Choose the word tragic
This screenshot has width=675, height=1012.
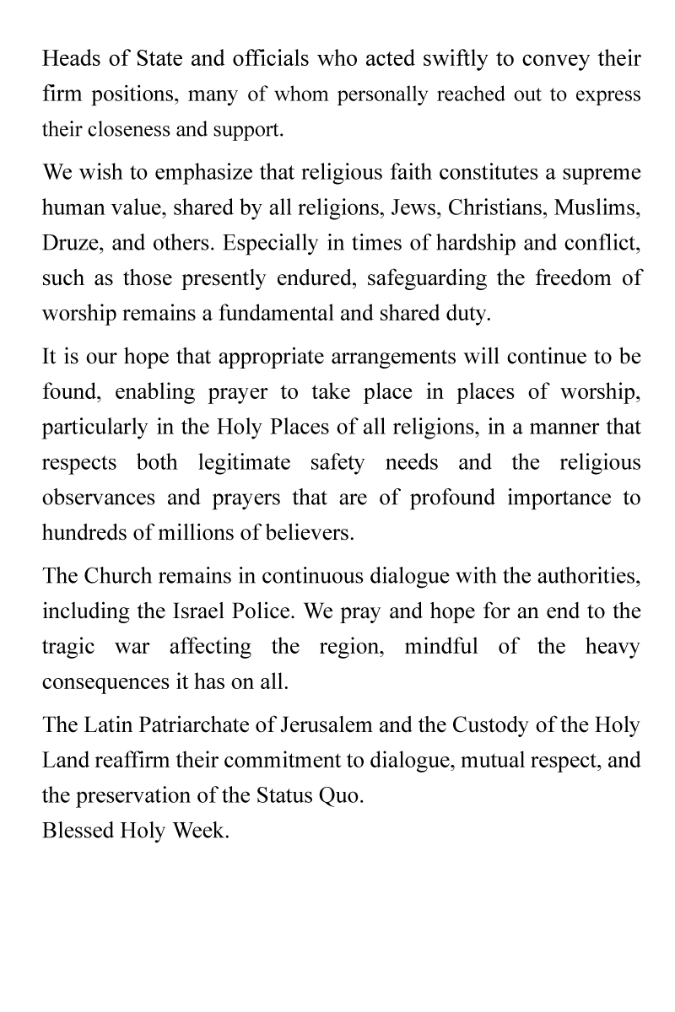click(68, 647)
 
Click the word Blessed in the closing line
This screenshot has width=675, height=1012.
click(78, 830)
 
